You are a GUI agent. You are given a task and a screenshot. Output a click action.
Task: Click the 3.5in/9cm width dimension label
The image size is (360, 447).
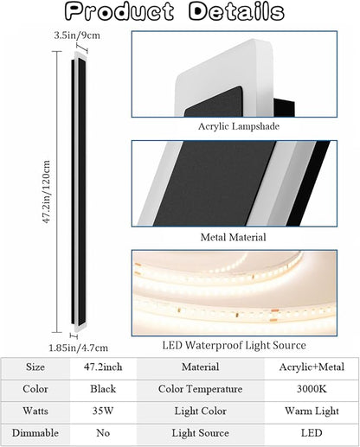(x=77, y=35)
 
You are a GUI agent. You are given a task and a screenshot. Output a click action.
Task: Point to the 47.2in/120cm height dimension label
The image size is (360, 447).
(x=47, y=192)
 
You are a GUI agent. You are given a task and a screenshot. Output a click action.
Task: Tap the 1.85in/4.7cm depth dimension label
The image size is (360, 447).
(x=78, y=348)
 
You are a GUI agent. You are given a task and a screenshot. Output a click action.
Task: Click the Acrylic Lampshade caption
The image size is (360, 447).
(x=239, y=126)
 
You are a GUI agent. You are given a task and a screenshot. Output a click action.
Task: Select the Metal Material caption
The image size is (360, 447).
(x=233, y=237)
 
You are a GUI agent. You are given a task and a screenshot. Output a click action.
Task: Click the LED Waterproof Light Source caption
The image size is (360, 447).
(x=234, y=345)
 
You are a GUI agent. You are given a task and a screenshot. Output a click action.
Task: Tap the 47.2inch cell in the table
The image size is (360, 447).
(x=103, y=367)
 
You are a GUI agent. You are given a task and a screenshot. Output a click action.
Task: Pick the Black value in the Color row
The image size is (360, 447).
(x=103, y=389)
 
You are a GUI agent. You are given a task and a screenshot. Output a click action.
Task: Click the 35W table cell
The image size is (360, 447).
(x=103, y=411)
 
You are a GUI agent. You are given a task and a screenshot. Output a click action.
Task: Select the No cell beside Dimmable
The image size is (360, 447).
(x=103, y=433)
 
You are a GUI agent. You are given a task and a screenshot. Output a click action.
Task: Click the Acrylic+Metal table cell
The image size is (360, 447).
(x=312, y=367)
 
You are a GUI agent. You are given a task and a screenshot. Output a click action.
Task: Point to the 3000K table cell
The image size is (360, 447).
(x=312, y=389)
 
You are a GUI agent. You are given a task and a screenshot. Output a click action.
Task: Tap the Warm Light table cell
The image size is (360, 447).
(x=312, y=411)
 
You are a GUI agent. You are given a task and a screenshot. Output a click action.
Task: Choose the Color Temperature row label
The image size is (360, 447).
(x=200, y=389)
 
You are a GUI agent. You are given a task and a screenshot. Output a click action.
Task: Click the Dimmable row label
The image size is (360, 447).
(x=35, y=433)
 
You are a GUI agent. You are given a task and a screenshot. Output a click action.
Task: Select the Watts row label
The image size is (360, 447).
(x=35, y=411)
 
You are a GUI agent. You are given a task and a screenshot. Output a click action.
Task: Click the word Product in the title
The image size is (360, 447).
(x=119, y=11)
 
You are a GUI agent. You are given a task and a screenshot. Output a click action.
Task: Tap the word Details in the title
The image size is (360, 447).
(x=236, y=11)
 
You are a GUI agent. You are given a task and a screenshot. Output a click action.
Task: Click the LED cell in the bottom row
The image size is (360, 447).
(x=312, y=433)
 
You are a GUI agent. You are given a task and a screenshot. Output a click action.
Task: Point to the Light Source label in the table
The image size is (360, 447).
(x=200, y=433)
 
